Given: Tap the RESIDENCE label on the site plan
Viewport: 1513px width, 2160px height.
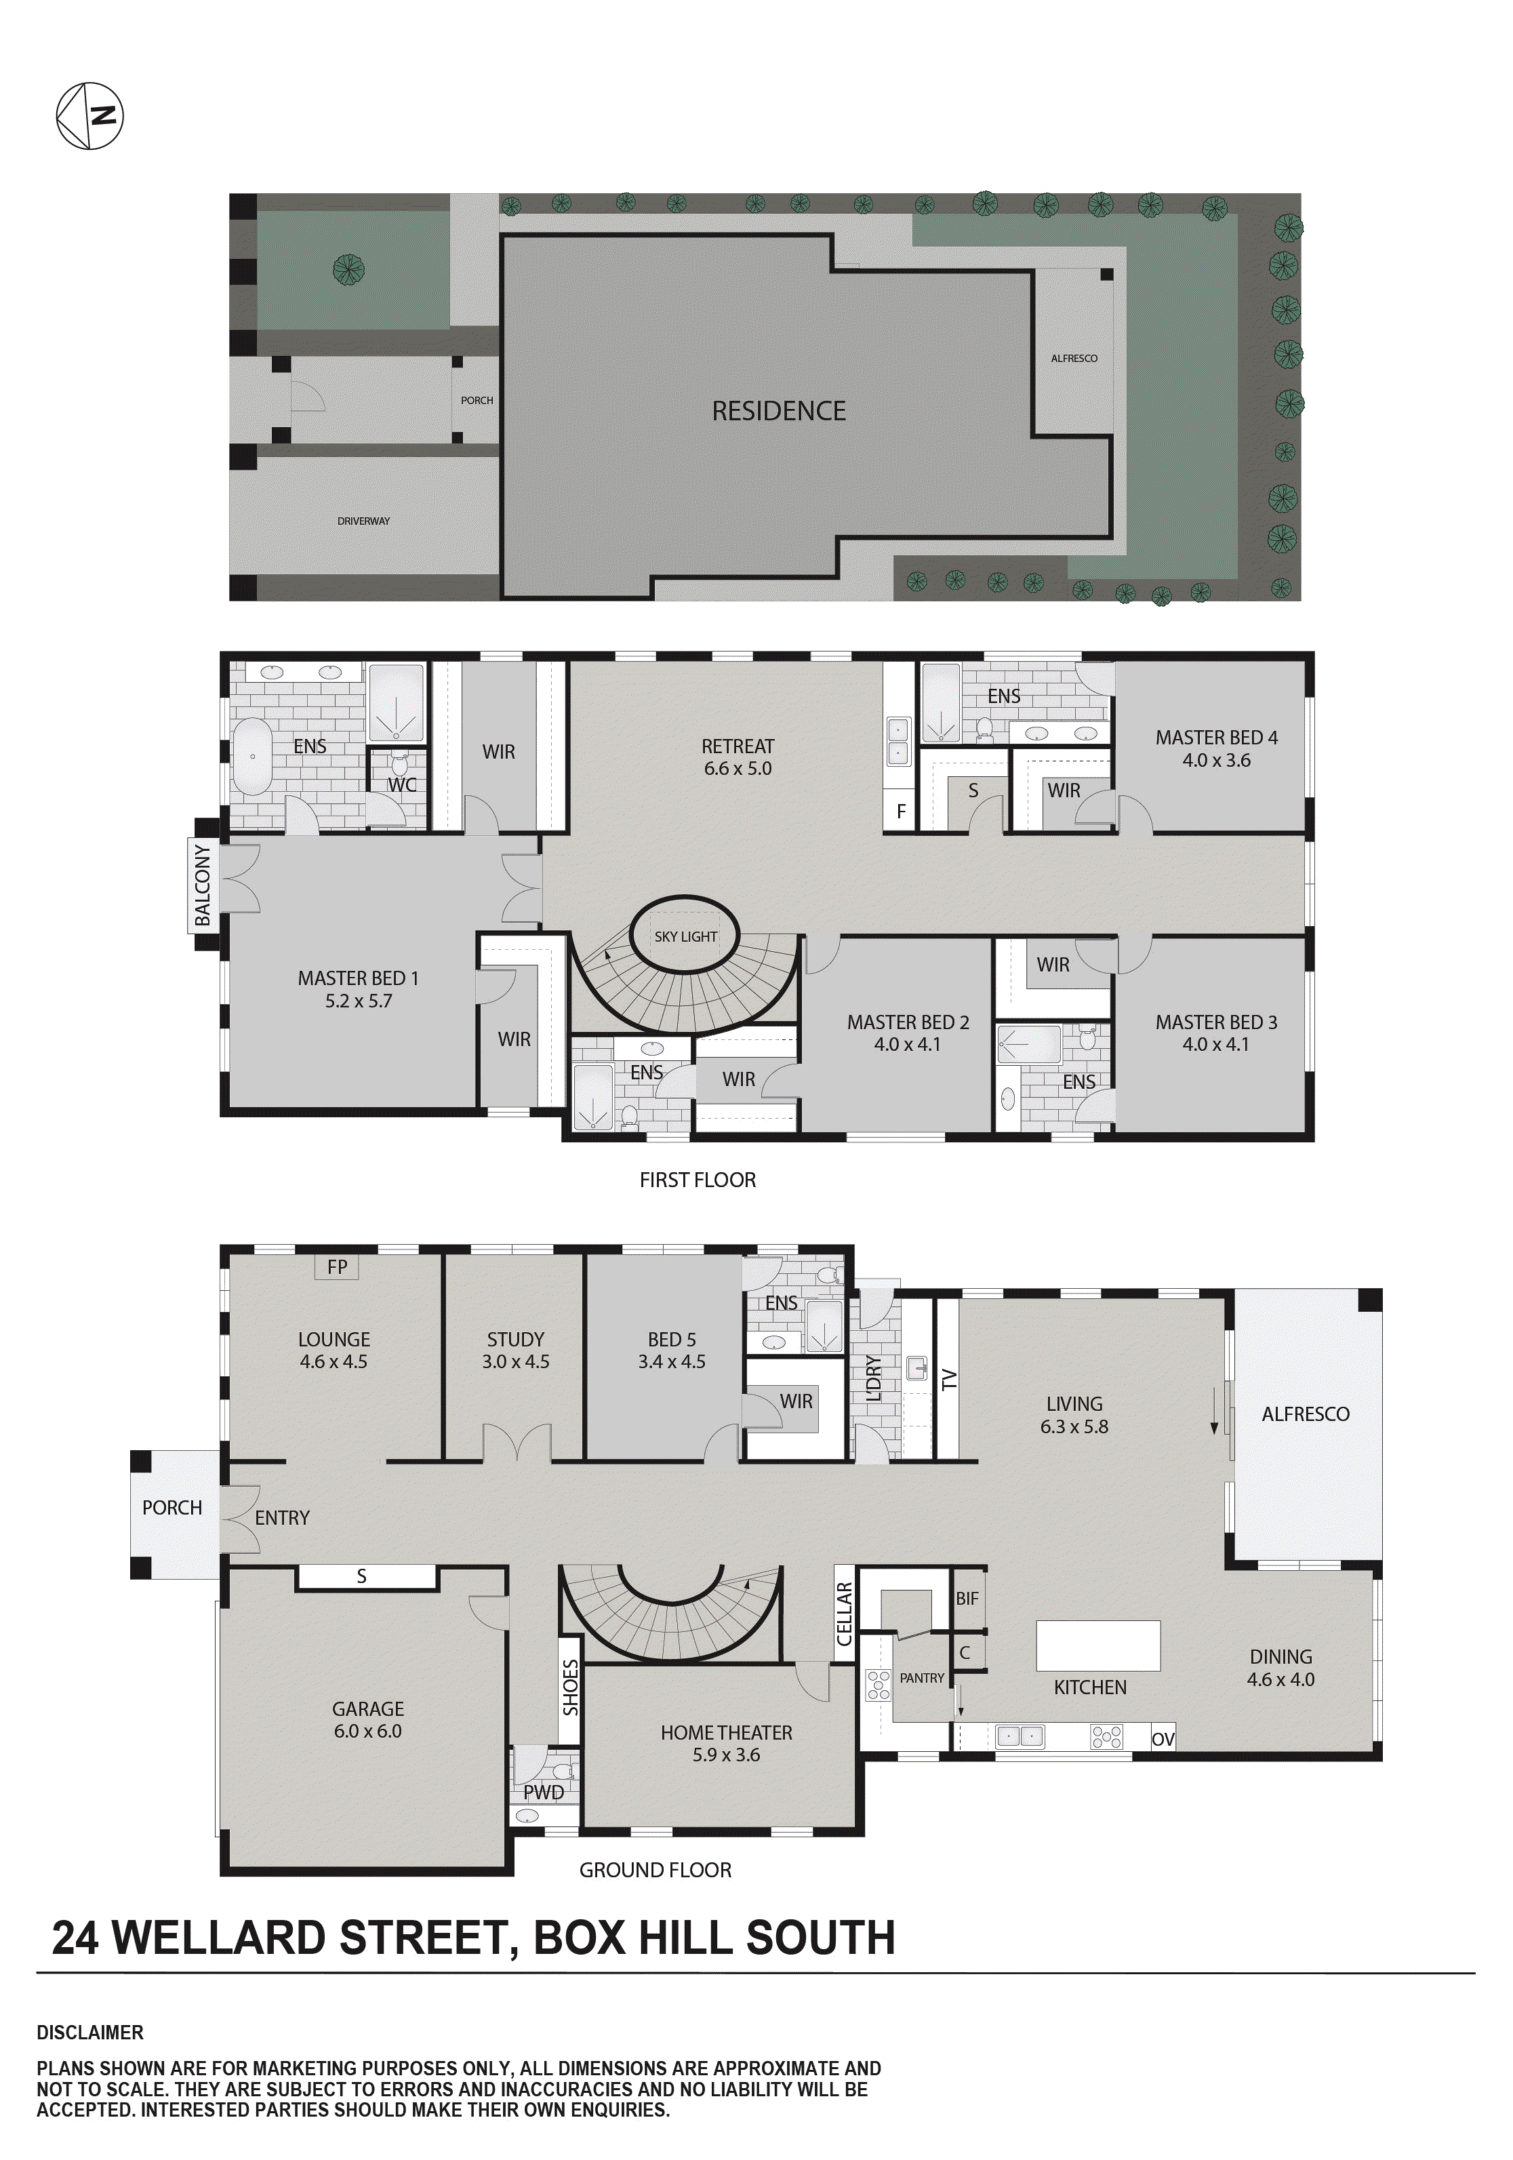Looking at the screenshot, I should point(778,411).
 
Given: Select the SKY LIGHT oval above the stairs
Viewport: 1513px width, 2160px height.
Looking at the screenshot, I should point(685,936).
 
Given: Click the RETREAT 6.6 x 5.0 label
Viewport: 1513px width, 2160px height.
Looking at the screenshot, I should point(738,757).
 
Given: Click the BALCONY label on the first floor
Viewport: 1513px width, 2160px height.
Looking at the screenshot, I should point(202,884).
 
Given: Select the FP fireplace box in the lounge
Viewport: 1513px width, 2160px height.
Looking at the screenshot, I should point(337,1267).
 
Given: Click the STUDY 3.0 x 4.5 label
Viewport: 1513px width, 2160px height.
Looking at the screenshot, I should point(516,1350).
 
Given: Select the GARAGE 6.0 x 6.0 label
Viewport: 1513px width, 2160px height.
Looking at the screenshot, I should point(368,1720).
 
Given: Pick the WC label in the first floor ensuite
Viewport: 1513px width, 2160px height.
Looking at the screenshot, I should point(402,784).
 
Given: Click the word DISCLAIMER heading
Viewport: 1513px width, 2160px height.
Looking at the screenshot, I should point(90,2032).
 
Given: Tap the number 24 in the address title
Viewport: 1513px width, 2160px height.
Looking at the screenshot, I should point(75,1938).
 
